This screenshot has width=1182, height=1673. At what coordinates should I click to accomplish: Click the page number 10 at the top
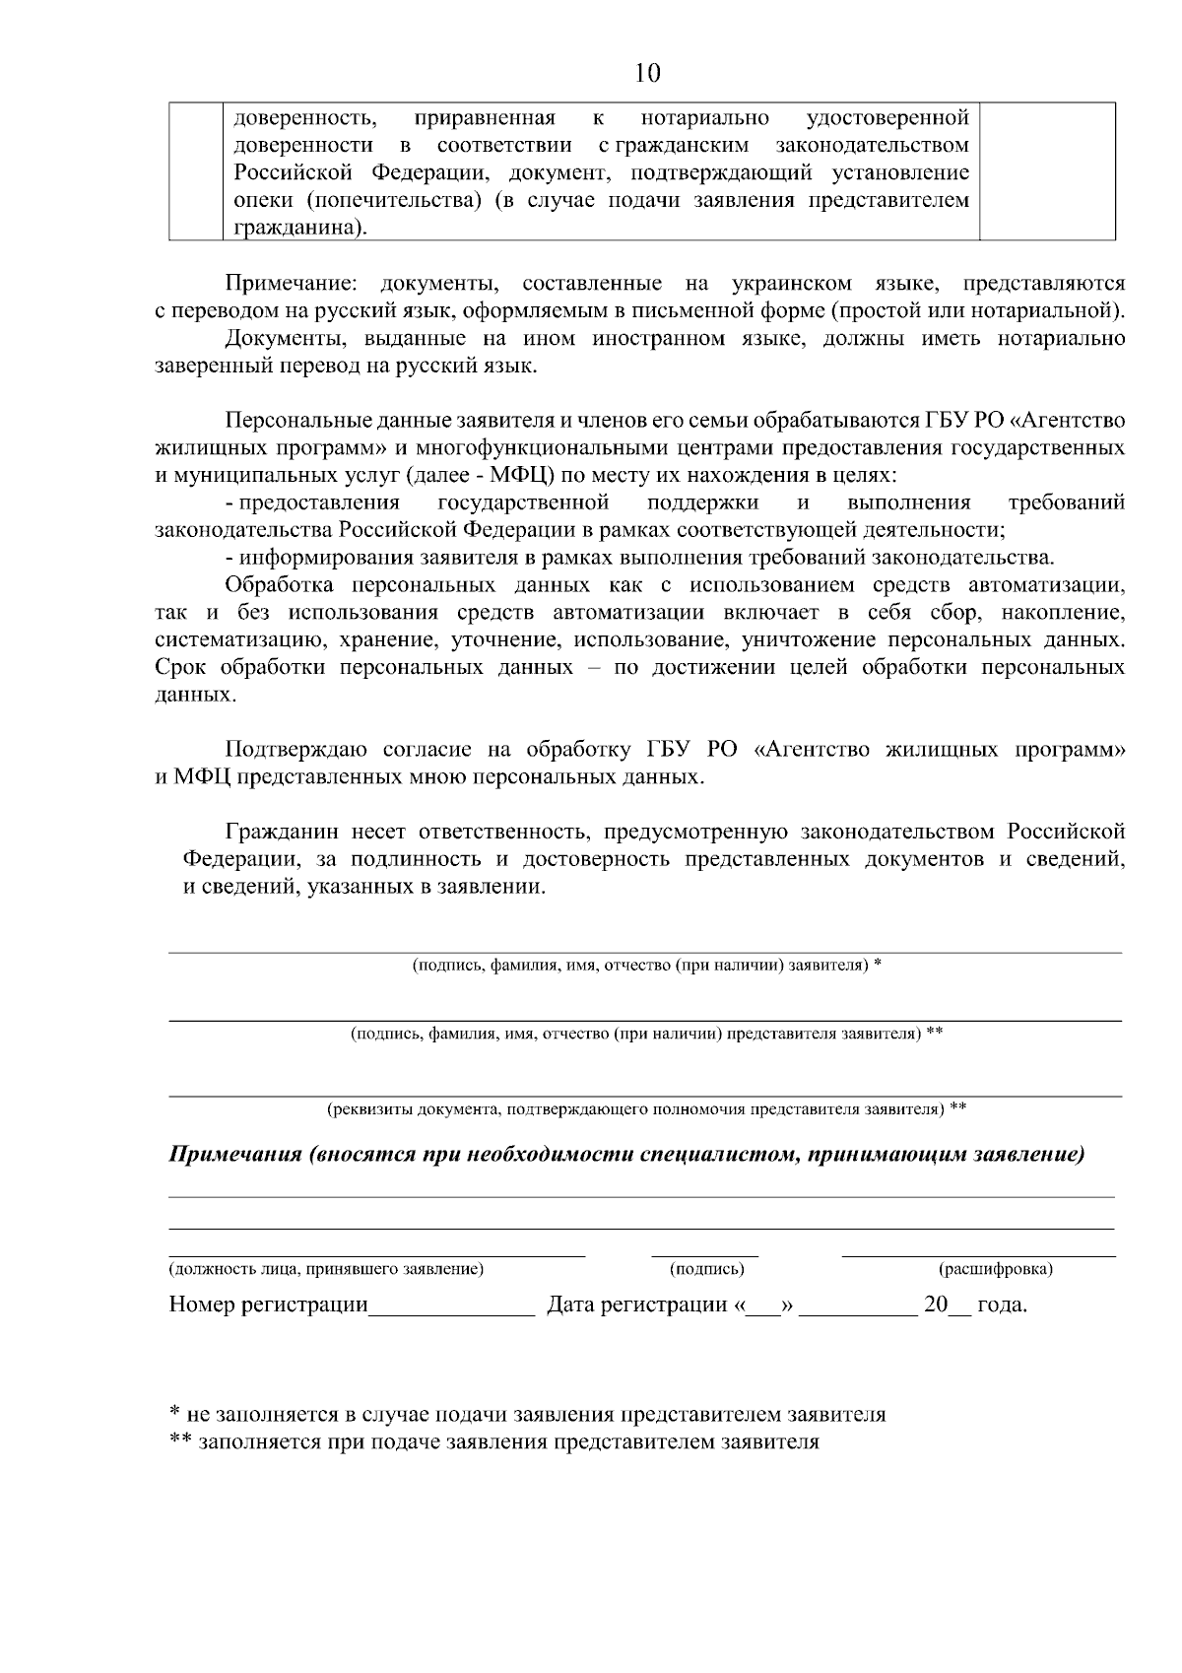(x=648, y=73)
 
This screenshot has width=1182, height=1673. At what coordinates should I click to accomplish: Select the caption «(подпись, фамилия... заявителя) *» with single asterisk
(x=645, y=965)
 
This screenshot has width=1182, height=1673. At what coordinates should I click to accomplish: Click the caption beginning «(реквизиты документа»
(x=645, y=1109)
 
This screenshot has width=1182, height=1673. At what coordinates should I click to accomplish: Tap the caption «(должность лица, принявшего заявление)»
(x=326, y=1269)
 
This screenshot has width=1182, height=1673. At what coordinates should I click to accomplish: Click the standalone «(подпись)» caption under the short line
(x=706, y=1269)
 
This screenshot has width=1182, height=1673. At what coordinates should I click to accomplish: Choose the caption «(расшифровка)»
(x=996, y=1269)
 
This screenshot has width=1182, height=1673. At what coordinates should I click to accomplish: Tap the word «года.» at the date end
(x=1002, y=1306)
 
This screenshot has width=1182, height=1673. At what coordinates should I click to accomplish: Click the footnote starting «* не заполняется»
(x=527, y=1415)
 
